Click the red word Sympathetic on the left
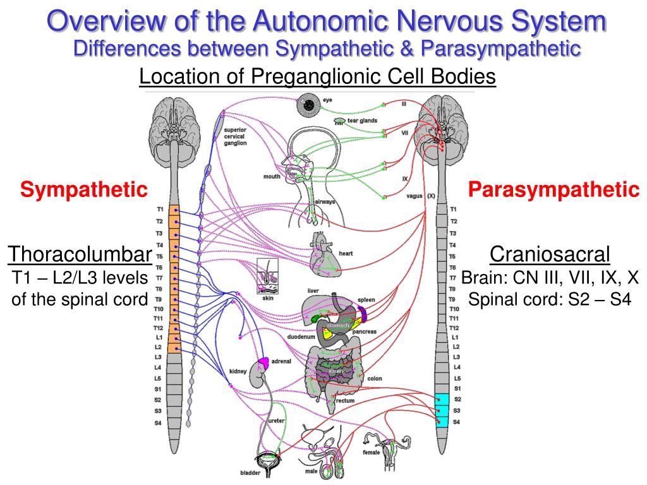click(83, 188)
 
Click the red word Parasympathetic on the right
click(553, 188)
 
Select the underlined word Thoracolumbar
click(80, 254)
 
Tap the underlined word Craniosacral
click(550, 254)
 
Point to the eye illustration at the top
click(310, 105)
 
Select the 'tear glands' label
click(362, 120)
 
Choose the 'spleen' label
click(366, 299)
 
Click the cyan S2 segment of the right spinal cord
click(442, 399)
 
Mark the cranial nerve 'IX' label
click(405, 179)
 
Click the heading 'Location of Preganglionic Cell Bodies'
click(317, 77)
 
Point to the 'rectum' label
click(345, 400)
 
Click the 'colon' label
click(374, 379)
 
